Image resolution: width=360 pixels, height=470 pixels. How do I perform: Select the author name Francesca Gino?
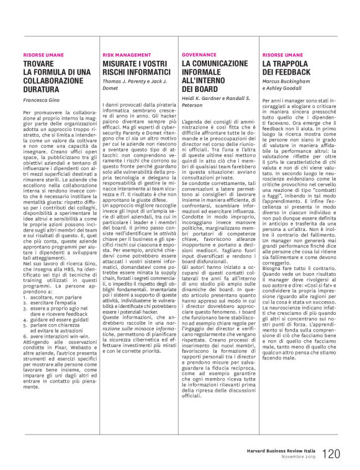tap(41, 99)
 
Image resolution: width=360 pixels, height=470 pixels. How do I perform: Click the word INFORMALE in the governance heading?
tap(207, 72)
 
